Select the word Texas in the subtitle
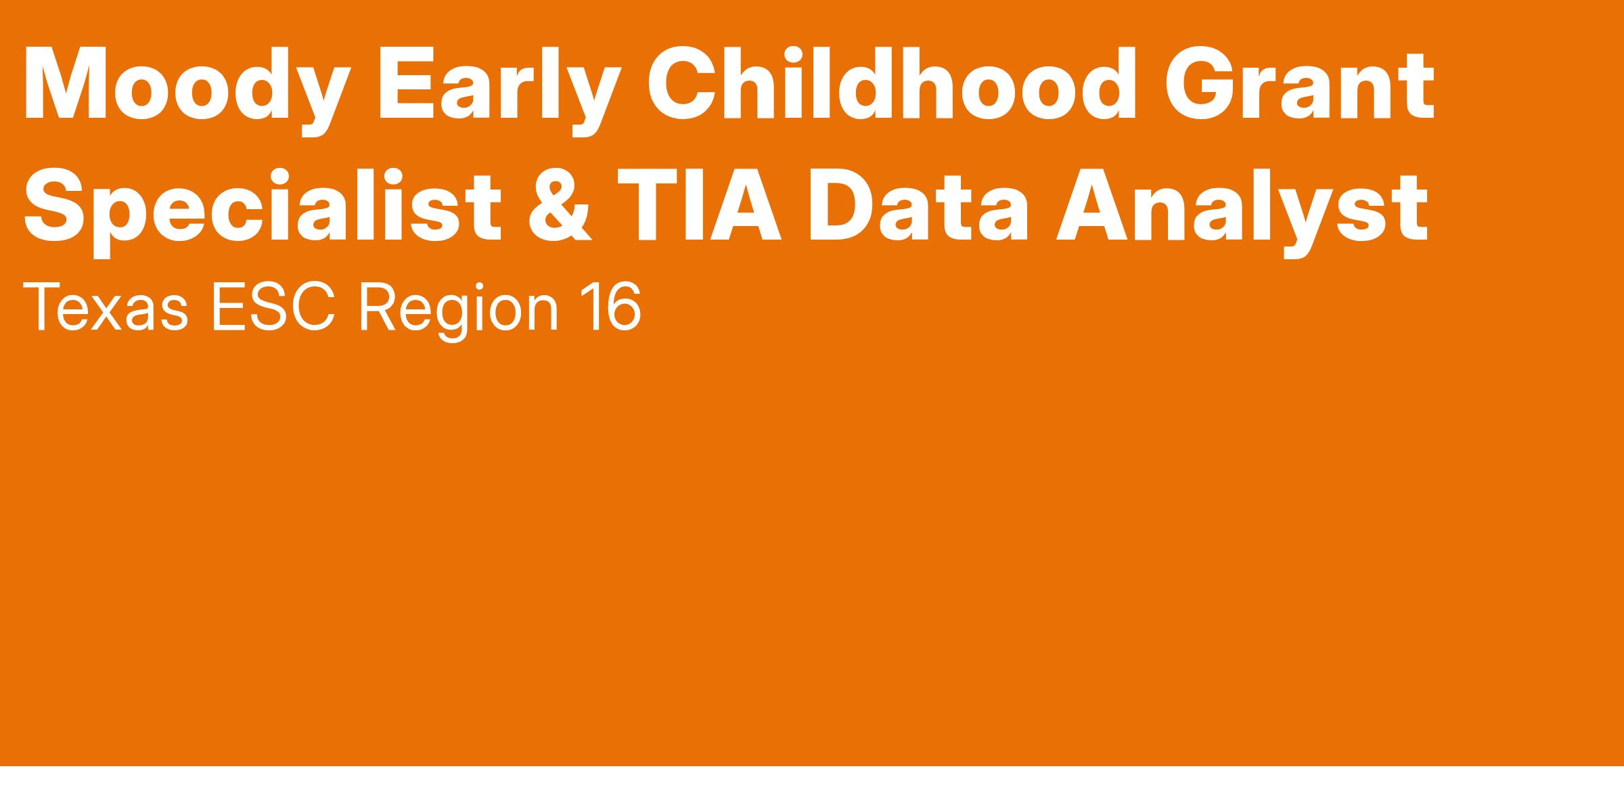tap(106, 308)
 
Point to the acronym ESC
tap(274, 308)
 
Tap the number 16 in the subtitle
tap(613, 309)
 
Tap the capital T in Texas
tap(42, 309)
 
